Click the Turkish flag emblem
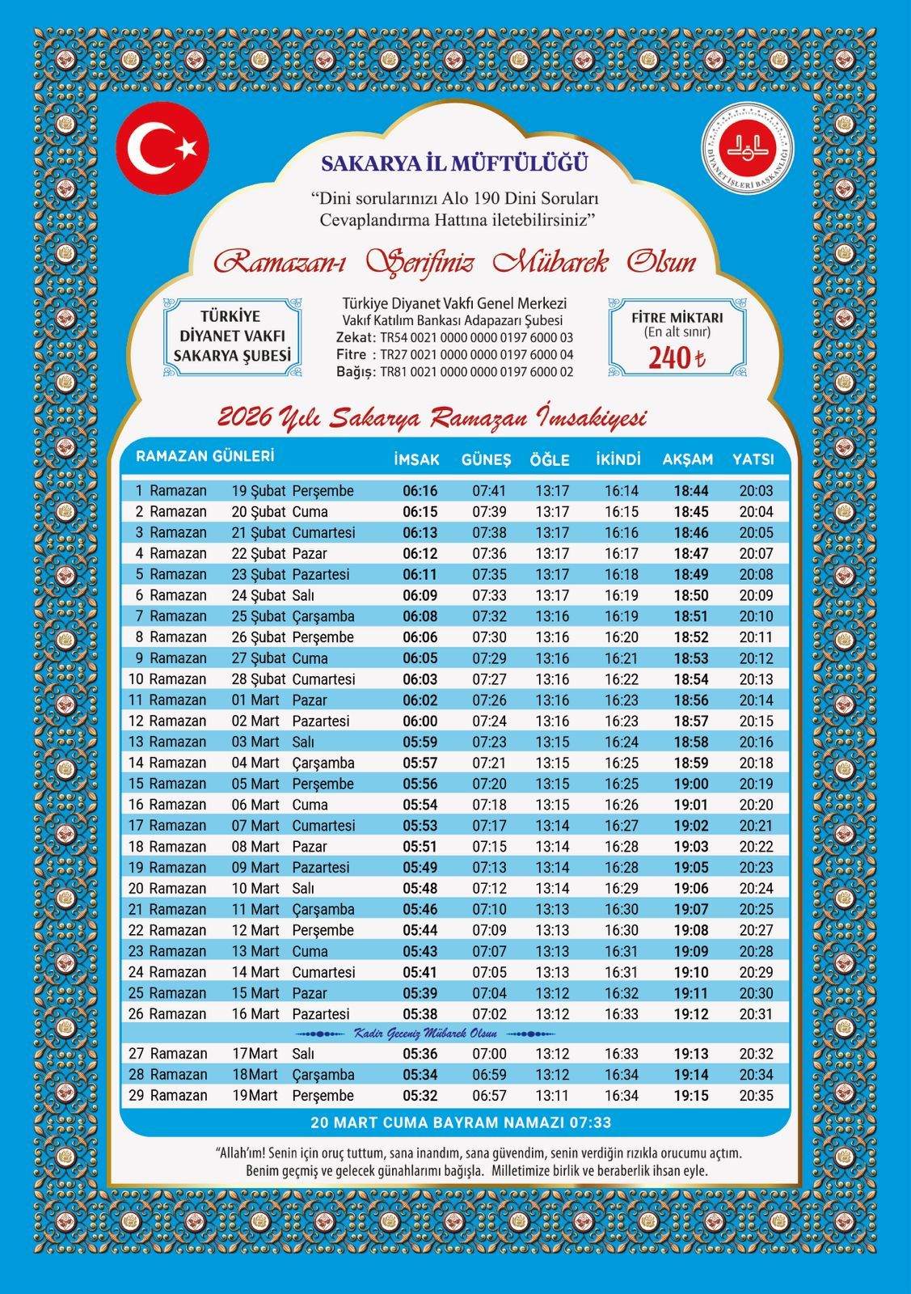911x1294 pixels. [x=162, y=147]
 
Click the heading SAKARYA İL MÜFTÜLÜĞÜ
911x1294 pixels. [x=454, y=163]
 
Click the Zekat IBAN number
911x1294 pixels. [x=476, y=337]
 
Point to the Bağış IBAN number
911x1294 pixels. [x=476, y=372]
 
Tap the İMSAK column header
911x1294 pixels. [x=416, y=459]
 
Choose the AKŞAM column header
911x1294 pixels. [x=688, y=459]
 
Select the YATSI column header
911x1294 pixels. [x=753, y=459]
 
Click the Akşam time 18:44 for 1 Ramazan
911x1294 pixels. [x=691, y=491]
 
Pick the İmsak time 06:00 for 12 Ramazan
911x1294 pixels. [x=420, y=721]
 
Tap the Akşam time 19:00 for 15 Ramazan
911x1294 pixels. [x=691, y=784]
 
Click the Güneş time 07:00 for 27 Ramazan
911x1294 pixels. [x=489, y=1054]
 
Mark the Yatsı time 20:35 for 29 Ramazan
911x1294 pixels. [x=756, y=1096]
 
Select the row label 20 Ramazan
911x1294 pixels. [x=167, y=888]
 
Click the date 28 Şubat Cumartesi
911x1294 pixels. [x=293, y=679]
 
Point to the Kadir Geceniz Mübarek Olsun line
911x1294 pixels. [x=426, y=1034]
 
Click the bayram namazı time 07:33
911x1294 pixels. [x=595, y=1123]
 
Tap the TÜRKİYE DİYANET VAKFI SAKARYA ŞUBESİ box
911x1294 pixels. [x=232, y=336]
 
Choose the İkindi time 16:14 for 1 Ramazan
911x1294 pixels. [x=622, y=491]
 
